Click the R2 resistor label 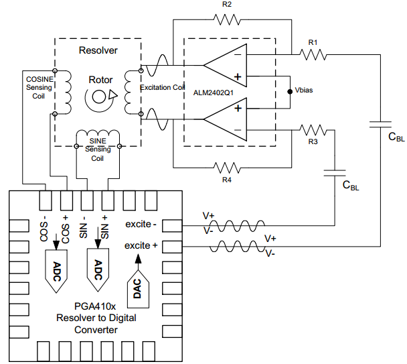pos(227,5)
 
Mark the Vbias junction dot pos(290,89)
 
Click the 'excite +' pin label pos(141,245)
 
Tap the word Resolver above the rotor pos(98,50)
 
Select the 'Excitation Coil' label pos(162,88)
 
